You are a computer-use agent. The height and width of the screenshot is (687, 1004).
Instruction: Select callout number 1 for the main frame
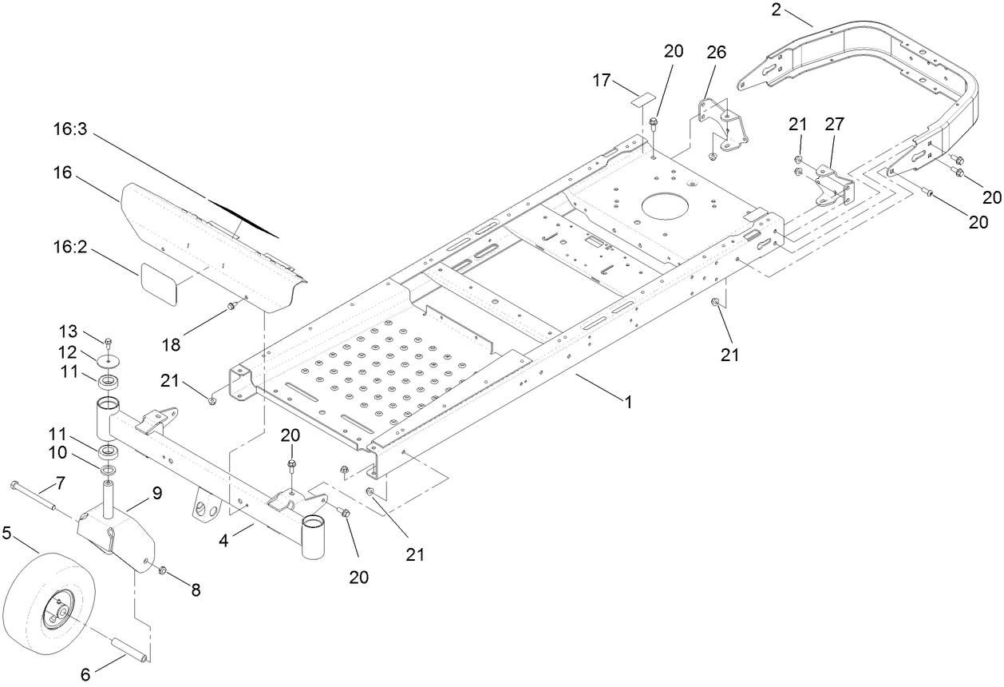(x=629, y=403)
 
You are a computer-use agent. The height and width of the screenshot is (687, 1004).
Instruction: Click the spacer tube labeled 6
(x=128, y=646)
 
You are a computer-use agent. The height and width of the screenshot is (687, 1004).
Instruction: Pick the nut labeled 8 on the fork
(x=161, y=570)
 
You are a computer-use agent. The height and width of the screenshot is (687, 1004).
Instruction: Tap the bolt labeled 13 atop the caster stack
(x=109, y=344)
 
